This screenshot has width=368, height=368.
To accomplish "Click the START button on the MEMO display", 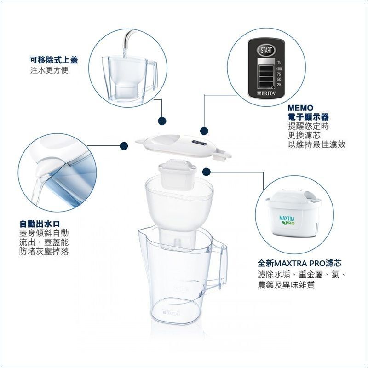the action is tap(266, 50).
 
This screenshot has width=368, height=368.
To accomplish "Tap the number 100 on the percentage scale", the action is tap(279, 69).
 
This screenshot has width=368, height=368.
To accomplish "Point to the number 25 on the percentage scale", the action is tap(279, 85).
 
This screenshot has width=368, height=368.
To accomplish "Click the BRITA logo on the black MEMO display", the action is tap(267, 93).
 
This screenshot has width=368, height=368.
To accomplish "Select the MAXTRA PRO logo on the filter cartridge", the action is tap(287, 221).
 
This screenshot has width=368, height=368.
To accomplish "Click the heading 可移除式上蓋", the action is tap(54, 60).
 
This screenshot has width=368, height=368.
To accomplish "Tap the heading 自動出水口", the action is tap(40, 224).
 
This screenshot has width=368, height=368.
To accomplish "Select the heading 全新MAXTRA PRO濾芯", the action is tap(299, 263).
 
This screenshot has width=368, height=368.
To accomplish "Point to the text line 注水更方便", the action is tap(49, 70).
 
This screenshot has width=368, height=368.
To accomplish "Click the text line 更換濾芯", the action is tap(304, 135).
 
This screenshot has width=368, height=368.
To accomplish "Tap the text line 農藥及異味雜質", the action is tap(286, 285).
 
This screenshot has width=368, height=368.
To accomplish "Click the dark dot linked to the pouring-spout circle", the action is tap(124, 146).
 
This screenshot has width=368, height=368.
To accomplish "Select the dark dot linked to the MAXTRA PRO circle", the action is tap(206, 172).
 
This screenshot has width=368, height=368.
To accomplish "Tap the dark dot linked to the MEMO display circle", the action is tap(204, 131).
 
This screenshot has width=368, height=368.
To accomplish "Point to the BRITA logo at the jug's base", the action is tap(171, 313).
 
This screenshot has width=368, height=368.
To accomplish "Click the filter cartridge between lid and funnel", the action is tap(178, 173).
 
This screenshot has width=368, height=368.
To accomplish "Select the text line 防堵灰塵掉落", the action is tap(44, 251).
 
